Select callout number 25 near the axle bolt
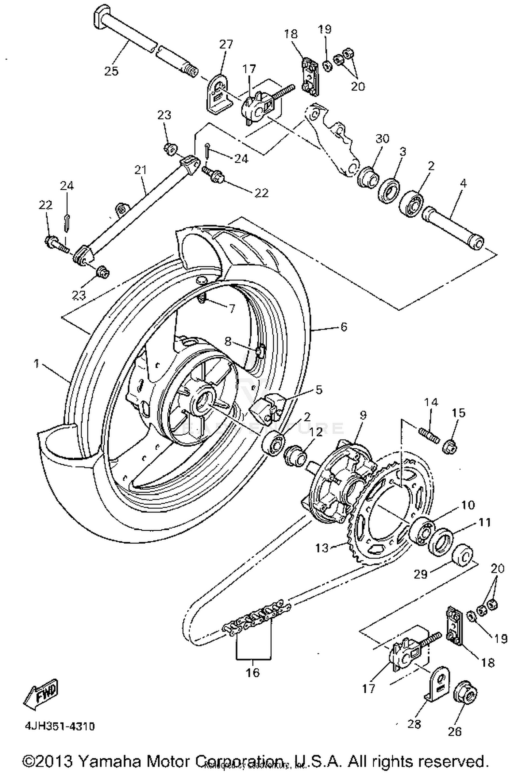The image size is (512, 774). point(111,71)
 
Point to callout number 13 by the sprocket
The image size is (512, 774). point(322,548)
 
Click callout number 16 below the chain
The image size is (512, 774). point(253,673)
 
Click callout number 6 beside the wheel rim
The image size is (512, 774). point(343,327)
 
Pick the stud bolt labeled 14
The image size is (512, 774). point(429,435)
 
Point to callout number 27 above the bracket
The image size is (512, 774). point(226,44)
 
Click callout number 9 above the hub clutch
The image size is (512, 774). point(363,415)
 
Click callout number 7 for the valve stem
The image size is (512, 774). point(231,309)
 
